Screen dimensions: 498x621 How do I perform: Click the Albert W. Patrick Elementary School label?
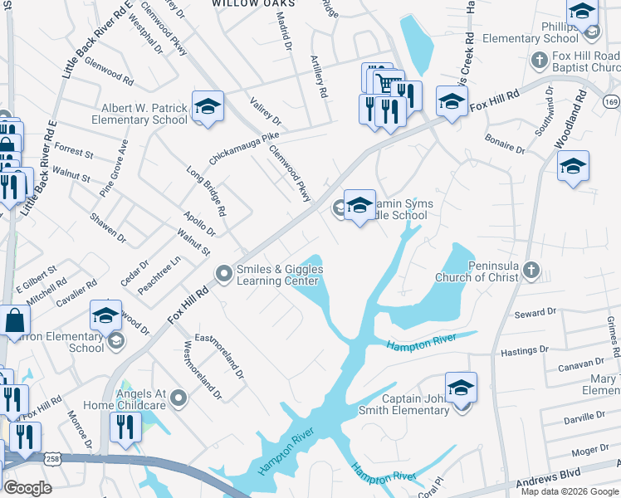tap(144, 114)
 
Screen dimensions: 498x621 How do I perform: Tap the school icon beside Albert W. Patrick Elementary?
tap(208, 106)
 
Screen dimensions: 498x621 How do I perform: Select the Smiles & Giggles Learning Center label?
tap(280, 274)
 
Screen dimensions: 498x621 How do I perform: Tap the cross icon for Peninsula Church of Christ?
tap(531, 271)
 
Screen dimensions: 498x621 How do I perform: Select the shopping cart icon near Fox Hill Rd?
tap(385, 83)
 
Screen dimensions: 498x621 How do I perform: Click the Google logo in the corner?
tap(27, 488)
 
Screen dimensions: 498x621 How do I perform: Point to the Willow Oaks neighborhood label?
tap(247, 4)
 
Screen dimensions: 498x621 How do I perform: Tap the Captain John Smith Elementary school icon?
tap(462, 388)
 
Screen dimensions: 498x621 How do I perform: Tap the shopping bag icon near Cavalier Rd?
tap(15, 320)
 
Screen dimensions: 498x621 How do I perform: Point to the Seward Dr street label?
tap(535, 312)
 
